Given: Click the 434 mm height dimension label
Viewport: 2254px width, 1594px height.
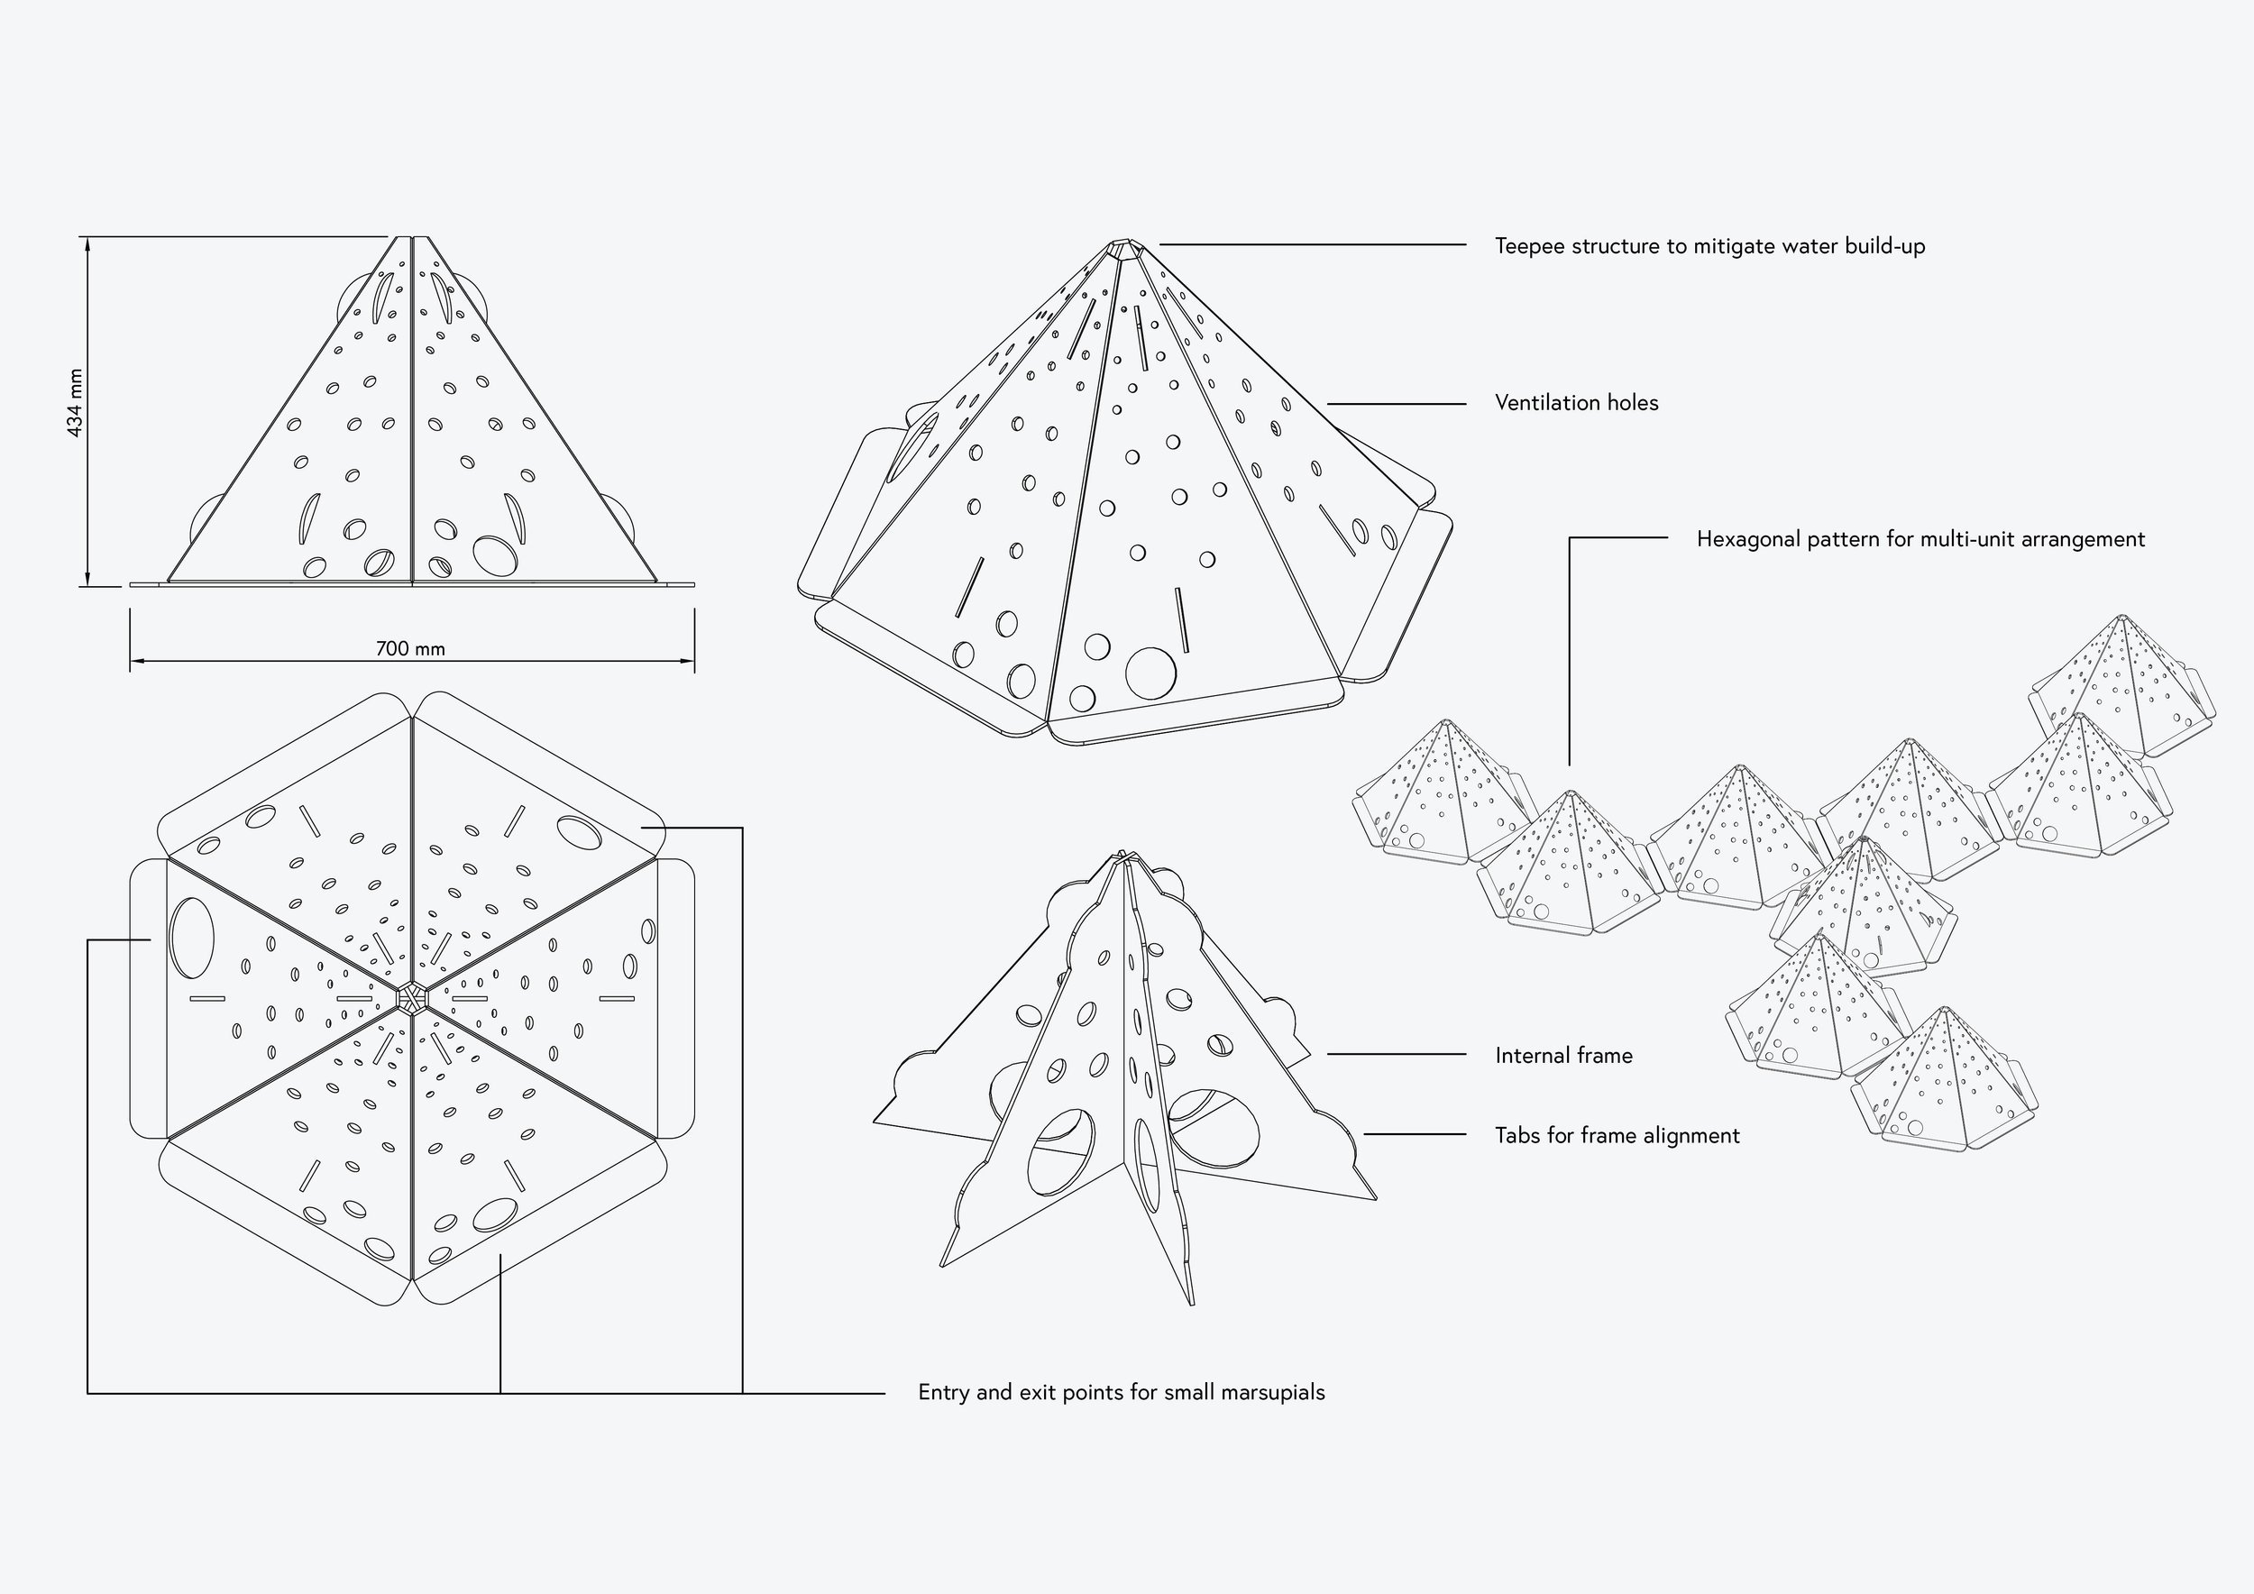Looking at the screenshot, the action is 75,402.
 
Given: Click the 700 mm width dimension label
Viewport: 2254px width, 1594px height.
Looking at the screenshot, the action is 410,649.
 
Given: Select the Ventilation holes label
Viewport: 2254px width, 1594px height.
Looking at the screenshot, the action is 1577,402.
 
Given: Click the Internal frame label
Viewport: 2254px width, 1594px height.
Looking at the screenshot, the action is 1564,1055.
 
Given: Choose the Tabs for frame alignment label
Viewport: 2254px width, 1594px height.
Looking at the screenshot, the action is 1617,1136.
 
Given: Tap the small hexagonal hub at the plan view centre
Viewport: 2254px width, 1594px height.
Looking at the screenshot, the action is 412,997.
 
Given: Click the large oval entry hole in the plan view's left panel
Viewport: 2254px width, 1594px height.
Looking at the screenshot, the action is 192,938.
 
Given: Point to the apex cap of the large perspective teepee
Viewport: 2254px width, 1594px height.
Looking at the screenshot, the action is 1124,247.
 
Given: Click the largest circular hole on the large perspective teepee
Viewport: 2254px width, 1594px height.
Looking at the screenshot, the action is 1150,673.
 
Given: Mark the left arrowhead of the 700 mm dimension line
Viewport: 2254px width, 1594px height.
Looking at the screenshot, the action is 132,661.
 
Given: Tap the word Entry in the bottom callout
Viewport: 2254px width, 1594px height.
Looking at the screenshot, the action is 943,1393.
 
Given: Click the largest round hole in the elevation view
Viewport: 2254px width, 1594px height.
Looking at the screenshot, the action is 497,555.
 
